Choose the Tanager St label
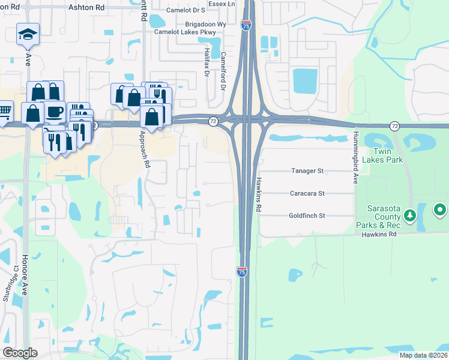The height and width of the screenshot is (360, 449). click(307, 171)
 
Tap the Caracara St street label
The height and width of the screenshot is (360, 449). click(307, 193)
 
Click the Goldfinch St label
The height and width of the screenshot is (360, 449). click(307, 215)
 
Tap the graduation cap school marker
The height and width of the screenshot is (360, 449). click(28, 34)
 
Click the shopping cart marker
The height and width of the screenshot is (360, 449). click(4, 110)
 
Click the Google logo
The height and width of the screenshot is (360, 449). click(20, 353)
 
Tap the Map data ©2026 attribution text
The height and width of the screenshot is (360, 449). click(423, 355)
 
